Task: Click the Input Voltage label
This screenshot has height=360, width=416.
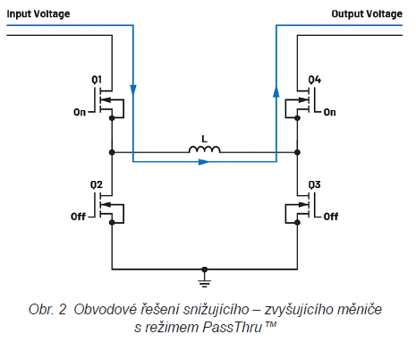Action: click(38, 14)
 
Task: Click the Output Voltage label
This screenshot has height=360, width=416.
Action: click(367, 14)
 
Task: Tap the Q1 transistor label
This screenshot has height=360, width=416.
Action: click(97, 80)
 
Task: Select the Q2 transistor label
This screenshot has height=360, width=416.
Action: click(97, 185)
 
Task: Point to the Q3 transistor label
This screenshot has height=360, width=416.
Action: click(314, 185)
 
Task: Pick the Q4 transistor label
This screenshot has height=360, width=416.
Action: click(315, 80)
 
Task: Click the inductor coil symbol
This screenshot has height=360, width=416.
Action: click(205, 150)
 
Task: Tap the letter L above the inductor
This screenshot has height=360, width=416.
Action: click(204, 139)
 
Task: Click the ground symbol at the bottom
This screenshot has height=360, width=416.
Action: click(204, 280)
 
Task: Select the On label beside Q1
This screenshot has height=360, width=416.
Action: click(80, 113)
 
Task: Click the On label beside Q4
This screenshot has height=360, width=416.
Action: click(329, 113)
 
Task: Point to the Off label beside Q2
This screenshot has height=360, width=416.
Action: click(78, 217)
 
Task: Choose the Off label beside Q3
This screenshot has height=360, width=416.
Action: click(331, 217)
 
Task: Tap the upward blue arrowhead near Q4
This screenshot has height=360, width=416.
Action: click(276, 91)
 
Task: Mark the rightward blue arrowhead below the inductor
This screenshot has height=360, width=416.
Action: click(204, 162)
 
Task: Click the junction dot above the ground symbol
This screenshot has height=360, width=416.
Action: click(204, 270)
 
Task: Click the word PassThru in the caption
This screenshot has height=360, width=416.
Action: click(233, 327)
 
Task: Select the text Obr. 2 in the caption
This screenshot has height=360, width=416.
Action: click(47, 309)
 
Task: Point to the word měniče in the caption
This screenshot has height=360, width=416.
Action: click(360, 309)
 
